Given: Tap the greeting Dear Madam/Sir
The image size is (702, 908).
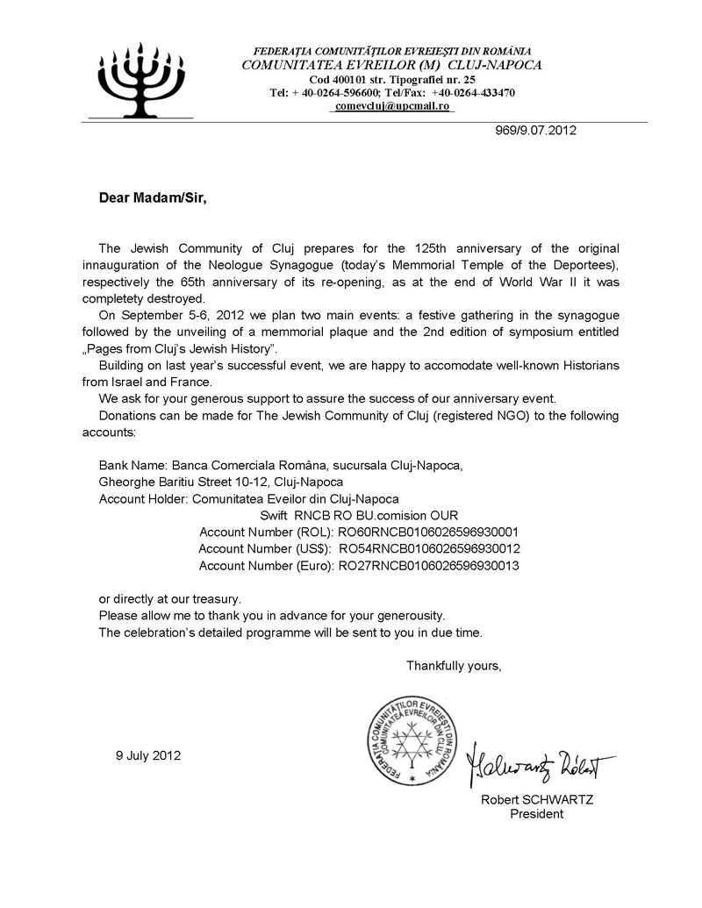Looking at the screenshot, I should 153,198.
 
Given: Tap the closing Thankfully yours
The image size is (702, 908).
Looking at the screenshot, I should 453,666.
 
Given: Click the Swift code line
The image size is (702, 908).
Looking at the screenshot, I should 359,515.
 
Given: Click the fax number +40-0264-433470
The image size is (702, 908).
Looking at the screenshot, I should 473,92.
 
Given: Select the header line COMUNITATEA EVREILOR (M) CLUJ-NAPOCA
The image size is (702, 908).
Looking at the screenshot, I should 391,65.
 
